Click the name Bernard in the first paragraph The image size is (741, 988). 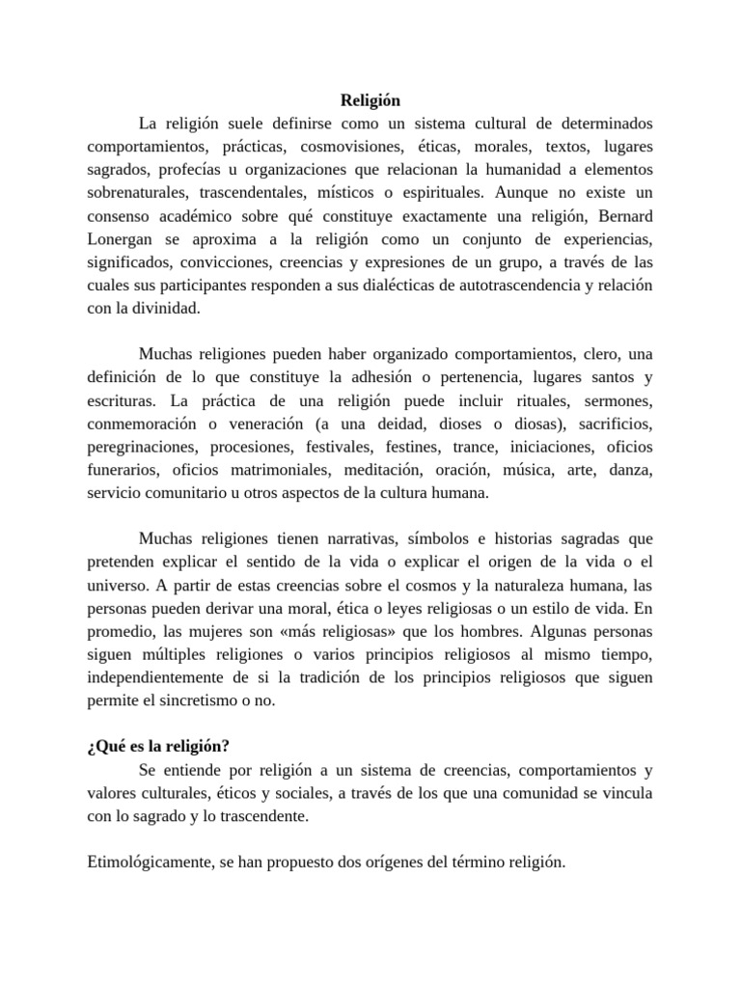617,214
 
